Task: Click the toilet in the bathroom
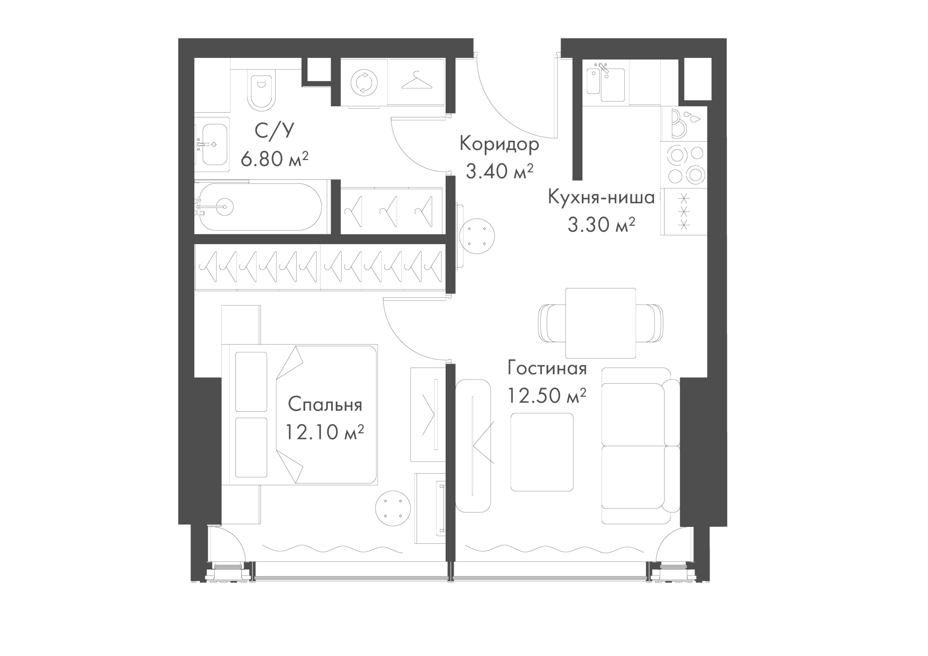[261, 90]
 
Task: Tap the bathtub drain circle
[225, 206]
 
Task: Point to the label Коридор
[499, 144]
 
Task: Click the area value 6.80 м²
[275, 158]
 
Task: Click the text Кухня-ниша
[601, 197]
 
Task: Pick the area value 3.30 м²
[601, 225]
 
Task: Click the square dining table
[601, 323]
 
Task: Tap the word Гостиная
[547, 368]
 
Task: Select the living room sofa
[641, 445]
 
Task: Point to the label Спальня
[325, 405]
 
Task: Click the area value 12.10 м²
[324, 432]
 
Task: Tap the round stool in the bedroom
[393, 509]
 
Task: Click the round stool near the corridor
[477, 237]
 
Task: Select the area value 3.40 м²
[500, 171]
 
